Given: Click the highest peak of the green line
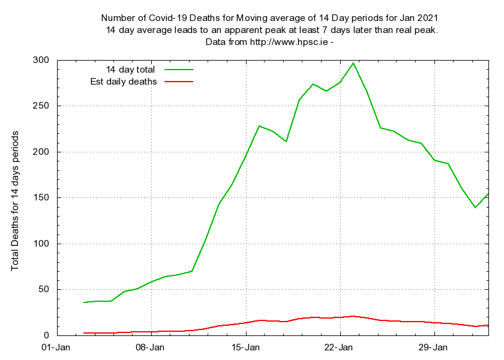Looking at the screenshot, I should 353,63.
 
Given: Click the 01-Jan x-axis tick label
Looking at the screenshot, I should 57,347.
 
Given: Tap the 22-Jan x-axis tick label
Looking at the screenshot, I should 340,347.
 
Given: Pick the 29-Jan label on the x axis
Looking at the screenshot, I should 434,347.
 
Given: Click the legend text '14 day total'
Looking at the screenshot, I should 130,69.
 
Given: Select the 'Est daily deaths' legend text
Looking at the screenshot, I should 124,81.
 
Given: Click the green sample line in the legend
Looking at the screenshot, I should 178,69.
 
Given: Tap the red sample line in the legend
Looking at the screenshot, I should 178,81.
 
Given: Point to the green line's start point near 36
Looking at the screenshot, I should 84,302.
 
